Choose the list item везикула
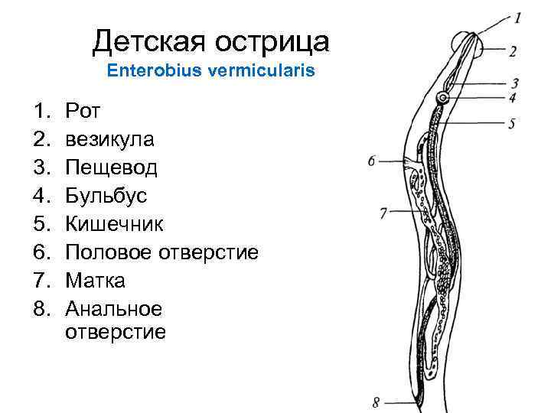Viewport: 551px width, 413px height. coord(109,139)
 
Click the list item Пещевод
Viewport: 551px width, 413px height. coord(111,167)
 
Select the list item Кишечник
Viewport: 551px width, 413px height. coord(113,224)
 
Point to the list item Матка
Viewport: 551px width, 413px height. coord(95,281)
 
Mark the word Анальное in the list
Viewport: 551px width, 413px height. coord(113,309)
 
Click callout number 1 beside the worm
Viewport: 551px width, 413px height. coord(518,16)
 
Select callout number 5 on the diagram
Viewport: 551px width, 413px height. coord(511,122)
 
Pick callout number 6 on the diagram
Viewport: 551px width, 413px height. coord(372,161)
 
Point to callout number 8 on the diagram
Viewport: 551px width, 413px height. coord(376,402)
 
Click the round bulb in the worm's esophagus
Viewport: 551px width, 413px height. coord(442,99)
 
